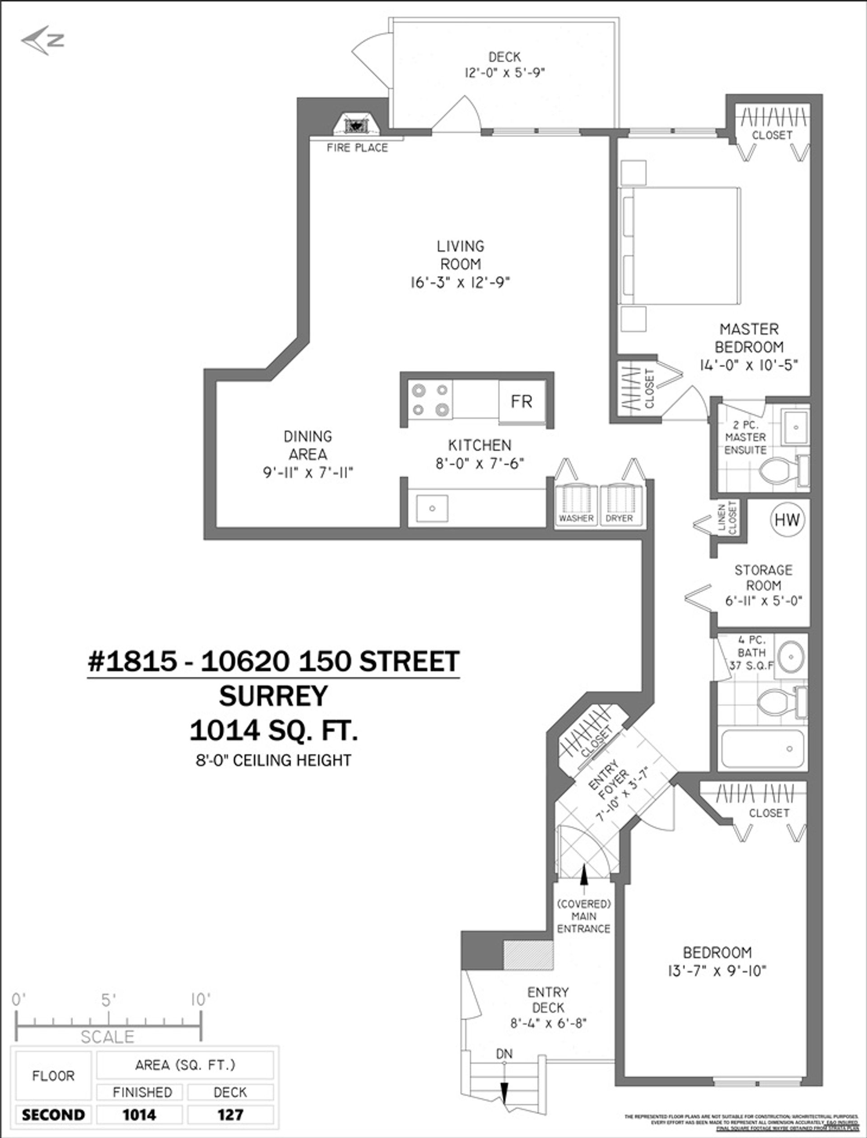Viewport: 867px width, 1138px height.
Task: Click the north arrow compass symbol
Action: [x=43, y=40]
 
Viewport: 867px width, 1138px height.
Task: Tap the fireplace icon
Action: [x=355, y=125]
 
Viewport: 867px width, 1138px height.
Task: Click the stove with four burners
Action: [x=430, y=400]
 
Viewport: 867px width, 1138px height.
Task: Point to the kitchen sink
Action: [x=433, y=508]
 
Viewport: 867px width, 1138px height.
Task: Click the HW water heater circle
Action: [x=787, y=520]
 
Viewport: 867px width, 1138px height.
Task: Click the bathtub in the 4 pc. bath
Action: [x=763, y=748]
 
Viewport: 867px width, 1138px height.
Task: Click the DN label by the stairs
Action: [x=504, y=1054]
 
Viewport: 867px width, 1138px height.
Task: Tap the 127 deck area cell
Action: [x=230, y=1115]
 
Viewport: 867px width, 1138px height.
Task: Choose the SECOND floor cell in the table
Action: [x=53, y=1115]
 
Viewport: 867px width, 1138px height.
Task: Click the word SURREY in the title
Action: [x=274, y=696]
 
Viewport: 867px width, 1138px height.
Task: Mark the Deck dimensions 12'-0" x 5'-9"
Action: [x=504, y=72]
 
